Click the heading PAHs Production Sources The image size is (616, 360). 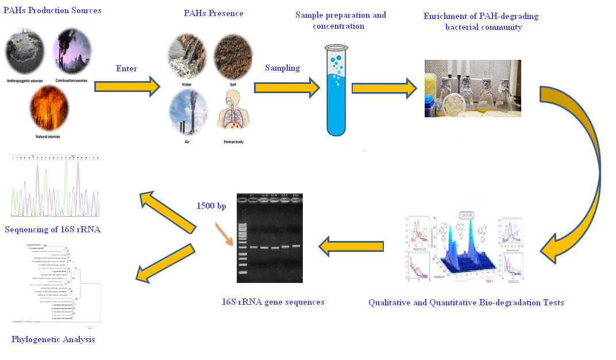coord(52,10)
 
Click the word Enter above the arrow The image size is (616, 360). coord(126,68)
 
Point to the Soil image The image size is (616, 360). coord(233,57)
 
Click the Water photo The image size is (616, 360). coord(186,57)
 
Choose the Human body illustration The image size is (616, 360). coord(233,113)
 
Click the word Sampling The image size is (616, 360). coord(282,68)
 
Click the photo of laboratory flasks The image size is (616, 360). coord(472,89)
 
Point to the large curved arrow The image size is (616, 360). coord(580,173)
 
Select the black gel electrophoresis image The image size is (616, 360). coord(269,237)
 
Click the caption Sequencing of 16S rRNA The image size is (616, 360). coord(52,230)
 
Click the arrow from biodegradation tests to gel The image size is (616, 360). coord(351,247)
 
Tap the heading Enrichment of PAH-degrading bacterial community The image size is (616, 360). coord(480,22)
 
